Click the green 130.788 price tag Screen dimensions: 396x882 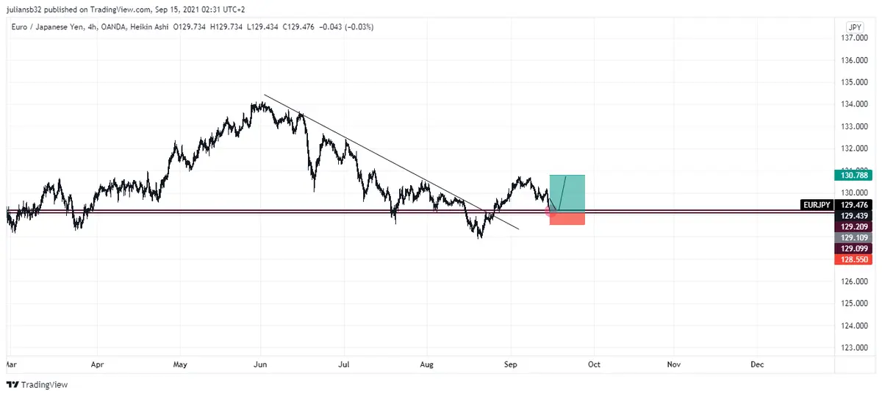click(x=853, y=175)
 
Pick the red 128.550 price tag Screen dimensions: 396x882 click(x=853, y=260)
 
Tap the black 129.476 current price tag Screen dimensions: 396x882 click(x=853, y=205)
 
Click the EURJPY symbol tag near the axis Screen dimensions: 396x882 click(x=817, y=205)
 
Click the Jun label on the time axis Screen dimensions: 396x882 click(x=260, y=364)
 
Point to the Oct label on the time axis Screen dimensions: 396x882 click(x=594, y=364)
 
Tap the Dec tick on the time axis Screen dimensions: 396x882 click(x=757, y=364)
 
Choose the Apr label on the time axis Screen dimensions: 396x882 click(x=97, y=364)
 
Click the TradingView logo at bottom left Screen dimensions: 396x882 click(x=37, y=384)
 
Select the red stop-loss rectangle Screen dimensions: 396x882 click(x=567, y=218)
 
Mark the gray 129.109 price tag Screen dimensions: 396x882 click(x=853, y=238)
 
